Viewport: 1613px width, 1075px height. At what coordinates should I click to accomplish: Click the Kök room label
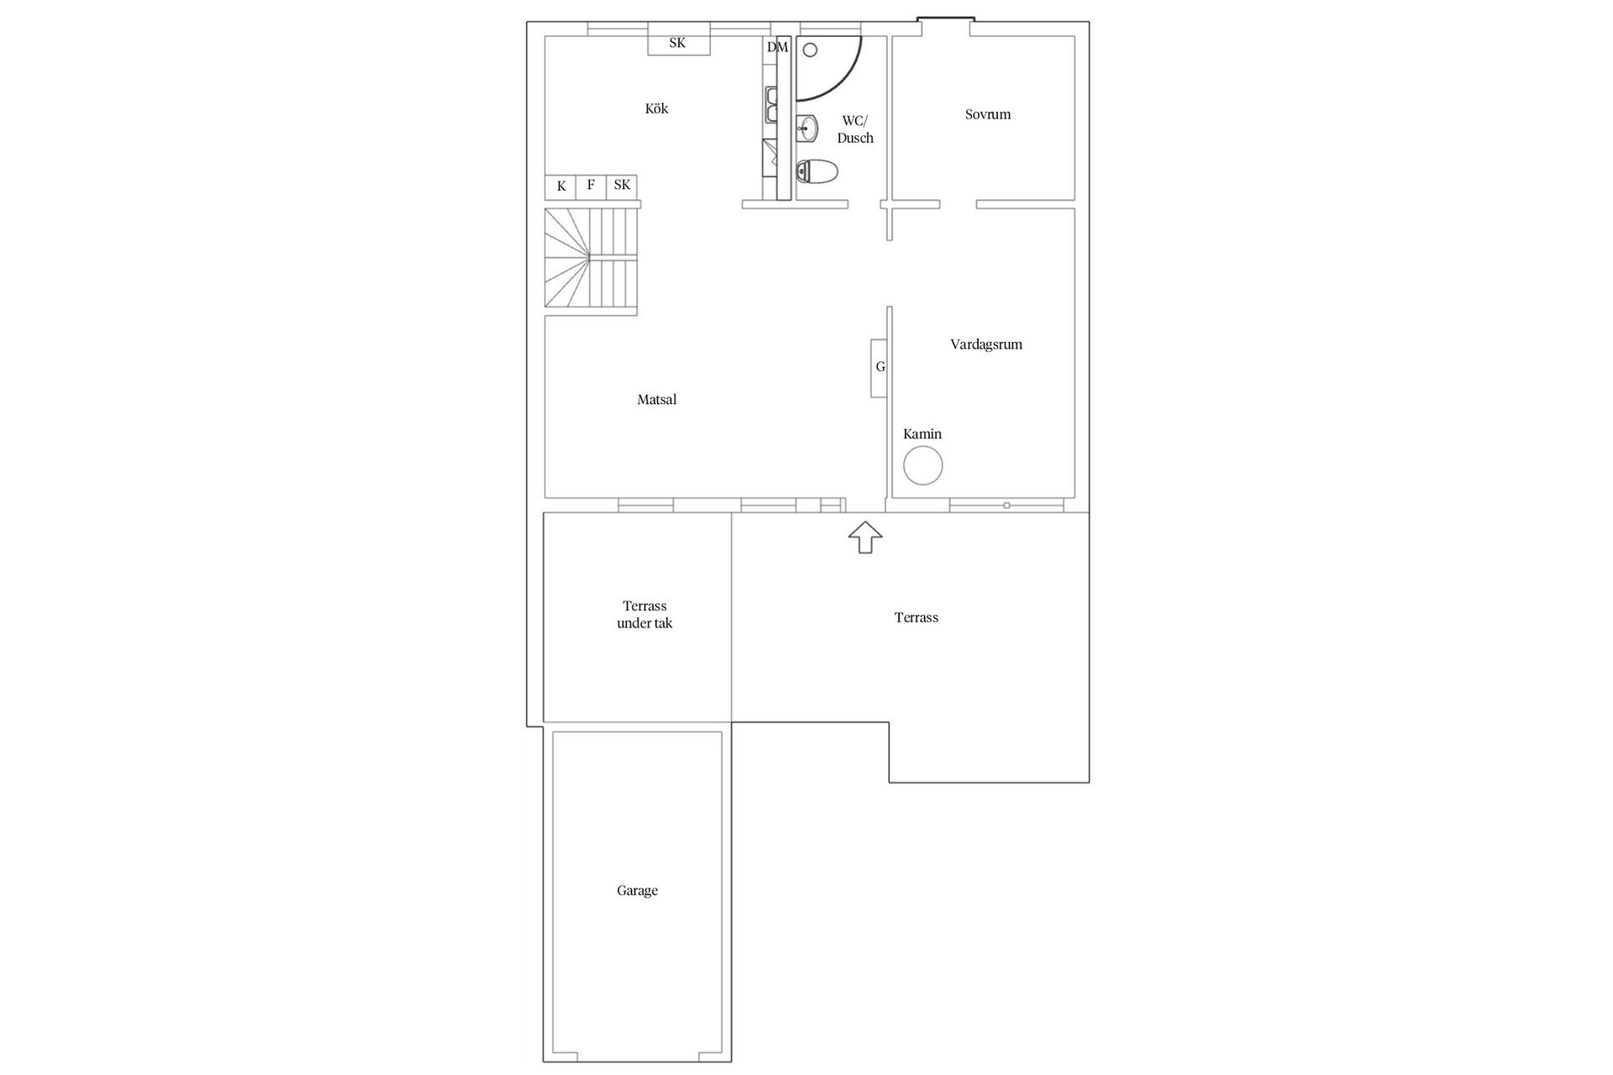[x=656, y=108]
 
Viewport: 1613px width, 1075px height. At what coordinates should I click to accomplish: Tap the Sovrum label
[x=987, y=114]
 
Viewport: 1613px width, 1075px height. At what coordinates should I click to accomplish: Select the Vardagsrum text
[x=985, y=344]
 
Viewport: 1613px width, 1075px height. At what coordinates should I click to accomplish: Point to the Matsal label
[x=656, y=400]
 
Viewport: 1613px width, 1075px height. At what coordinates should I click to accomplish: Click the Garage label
[x=637, y=890]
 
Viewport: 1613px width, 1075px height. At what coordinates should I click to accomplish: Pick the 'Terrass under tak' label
[x=644, y=615]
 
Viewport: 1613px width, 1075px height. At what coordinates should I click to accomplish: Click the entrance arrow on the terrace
[x=864, y=537]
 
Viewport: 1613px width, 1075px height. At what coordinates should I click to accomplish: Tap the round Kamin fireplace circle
[x=922, y=465]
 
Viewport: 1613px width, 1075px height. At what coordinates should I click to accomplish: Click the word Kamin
[x=922, y=434]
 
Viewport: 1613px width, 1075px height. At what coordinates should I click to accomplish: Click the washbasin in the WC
[x=807, y=128]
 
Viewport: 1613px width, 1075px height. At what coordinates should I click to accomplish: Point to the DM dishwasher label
[x=777, y=47]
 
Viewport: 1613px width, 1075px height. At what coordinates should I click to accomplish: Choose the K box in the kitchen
[x=561, y=186]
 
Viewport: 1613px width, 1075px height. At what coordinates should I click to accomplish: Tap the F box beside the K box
[x=591, y=186]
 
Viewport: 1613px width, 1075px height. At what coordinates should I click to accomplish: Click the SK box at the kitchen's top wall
[x=678, y=42]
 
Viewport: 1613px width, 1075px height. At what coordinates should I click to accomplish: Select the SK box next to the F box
[x=622, y=186]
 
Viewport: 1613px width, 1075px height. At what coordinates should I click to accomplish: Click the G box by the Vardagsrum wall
[x=880, y=367]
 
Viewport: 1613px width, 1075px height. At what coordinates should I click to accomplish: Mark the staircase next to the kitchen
[x=591, y=260]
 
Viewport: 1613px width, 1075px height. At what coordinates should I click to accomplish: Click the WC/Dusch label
[x=855, y=129]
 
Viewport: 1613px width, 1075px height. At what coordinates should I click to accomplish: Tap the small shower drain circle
[x=810, y=50]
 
